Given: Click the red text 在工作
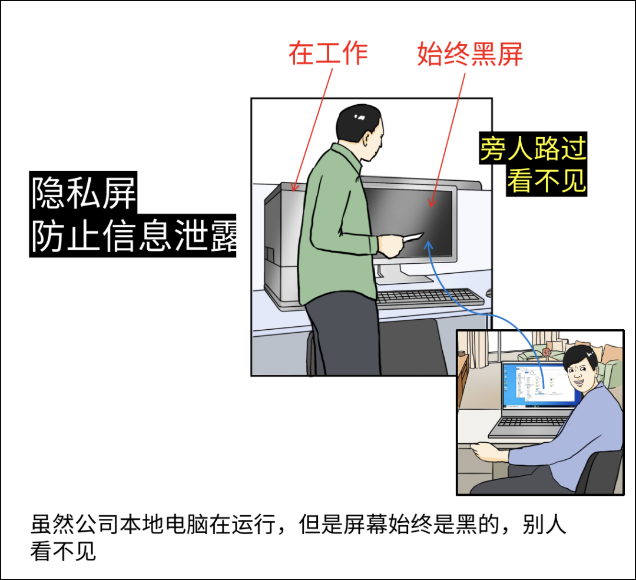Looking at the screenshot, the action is pos(328,53).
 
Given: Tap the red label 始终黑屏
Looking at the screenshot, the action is pos(470,54).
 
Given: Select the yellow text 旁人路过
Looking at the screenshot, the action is pos(533,148).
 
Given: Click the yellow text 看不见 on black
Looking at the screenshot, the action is pos(546,181).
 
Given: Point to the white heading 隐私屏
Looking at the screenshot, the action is pos(84,193).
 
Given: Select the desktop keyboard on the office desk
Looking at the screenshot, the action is pos(430,297).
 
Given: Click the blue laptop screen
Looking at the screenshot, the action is pos(539,385).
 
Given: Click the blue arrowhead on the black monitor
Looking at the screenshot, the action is pos(429,245).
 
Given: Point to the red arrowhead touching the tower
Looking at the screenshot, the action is pos(294,187).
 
